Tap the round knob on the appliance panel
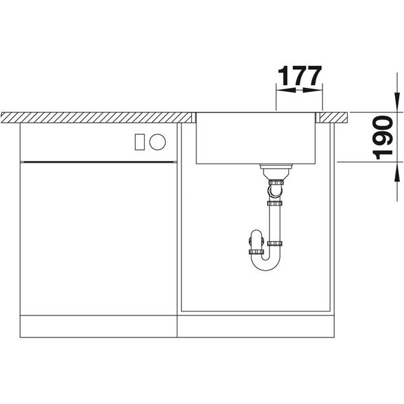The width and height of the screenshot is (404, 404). tap(158, 141)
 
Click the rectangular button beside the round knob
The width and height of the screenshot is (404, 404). tap(139, 141)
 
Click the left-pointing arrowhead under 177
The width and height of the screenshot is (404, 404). tap(282, 91)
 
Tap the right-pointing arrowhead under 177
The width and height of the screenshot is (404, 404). tap(315, 91)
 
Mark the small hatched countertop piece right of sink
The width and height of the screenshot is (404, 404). tap(332, 117)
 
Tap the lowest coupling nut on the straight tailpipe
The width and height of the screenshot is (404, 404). tap(275, 244)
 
